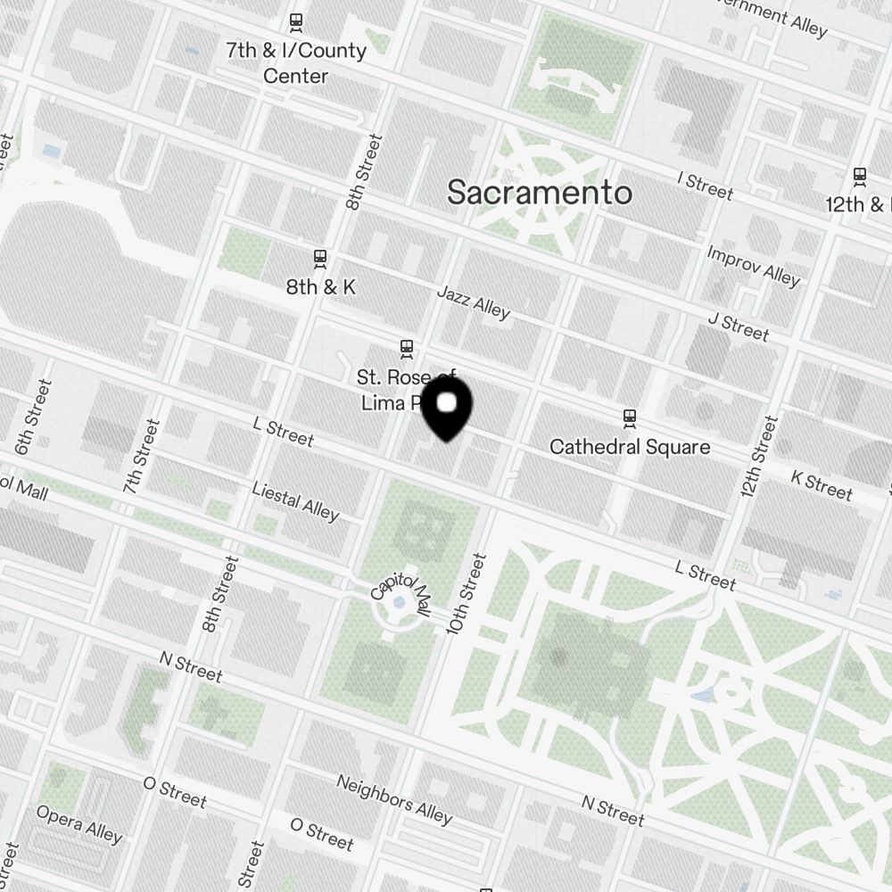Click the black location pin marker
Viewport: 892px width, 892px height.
(x=447, y=409)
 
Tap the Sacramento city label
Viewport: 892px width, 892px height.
(x=540, y=193)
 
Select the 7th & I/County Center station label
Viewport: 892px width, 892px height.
(x=295, y=62)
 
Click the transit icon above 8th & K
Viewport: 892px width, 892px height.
(x=320, y=259)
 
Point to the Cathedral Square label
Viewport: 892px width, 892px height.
(x=630, y=446)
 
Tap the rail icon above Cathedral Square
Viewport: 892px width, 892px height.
(x=631, y=417)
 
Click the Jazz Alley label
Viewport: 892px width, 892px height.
(x=474, y=302)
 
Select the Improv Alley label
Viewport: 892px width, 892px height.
(x=753, y=266)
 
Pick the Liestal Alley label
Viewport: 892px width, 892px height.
(x=295, y=501)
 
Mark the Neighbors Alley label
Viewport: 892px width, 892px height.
(x=394, y=799)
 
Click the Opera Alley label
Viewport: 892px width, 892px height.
(x=78, y=823)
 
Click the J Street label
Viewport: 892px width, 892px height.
(x=738, y=326)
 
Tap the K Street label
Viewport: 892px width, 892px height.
(x=822, y=486)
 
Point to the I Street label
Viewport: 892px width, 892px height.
(x=705, y=186)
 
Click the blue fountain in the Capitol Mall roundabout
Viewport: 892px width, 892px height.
(x=399, y=603)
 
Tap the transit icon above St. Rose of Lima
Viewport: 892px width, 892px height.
(x=407, y=347)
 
